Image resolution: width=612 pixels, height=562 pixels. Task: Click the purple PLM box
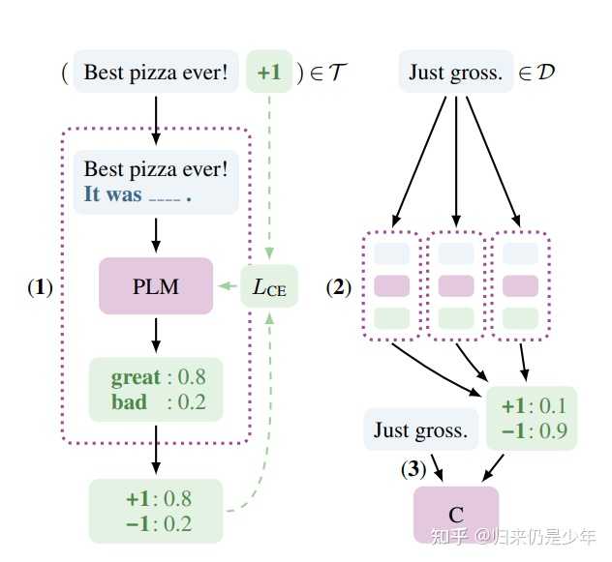[x=156, y=286]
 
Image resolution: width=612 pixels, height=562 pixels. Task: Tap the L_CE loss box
[x=269, y=286]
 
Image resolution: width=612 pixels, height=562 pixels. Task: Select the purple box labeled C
[x=456, y=513]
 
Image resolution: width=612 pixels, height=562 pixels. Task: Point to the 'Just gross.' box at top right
[x=455, y=73]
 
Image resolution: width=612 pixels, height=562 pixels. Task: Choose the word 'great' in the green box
[x=136, y=376]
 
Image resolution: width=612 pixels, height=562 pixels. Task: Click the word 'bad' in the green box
[x=129, y=401]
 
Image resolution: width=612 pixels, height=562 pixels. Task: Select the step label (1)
[x=39, y=287]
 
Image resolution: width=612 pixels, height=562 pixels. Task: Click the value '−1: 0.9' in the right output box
[x=531, y=430]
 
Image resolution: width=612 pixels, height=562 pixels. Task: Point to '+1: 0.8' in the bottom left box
[x=158, y=499]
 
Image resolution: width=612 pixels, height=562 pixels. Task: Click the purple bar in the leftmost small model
[x=393, y=285]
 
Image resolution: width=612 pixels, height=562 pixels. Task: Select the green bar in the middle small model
[x=456, y=316]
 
